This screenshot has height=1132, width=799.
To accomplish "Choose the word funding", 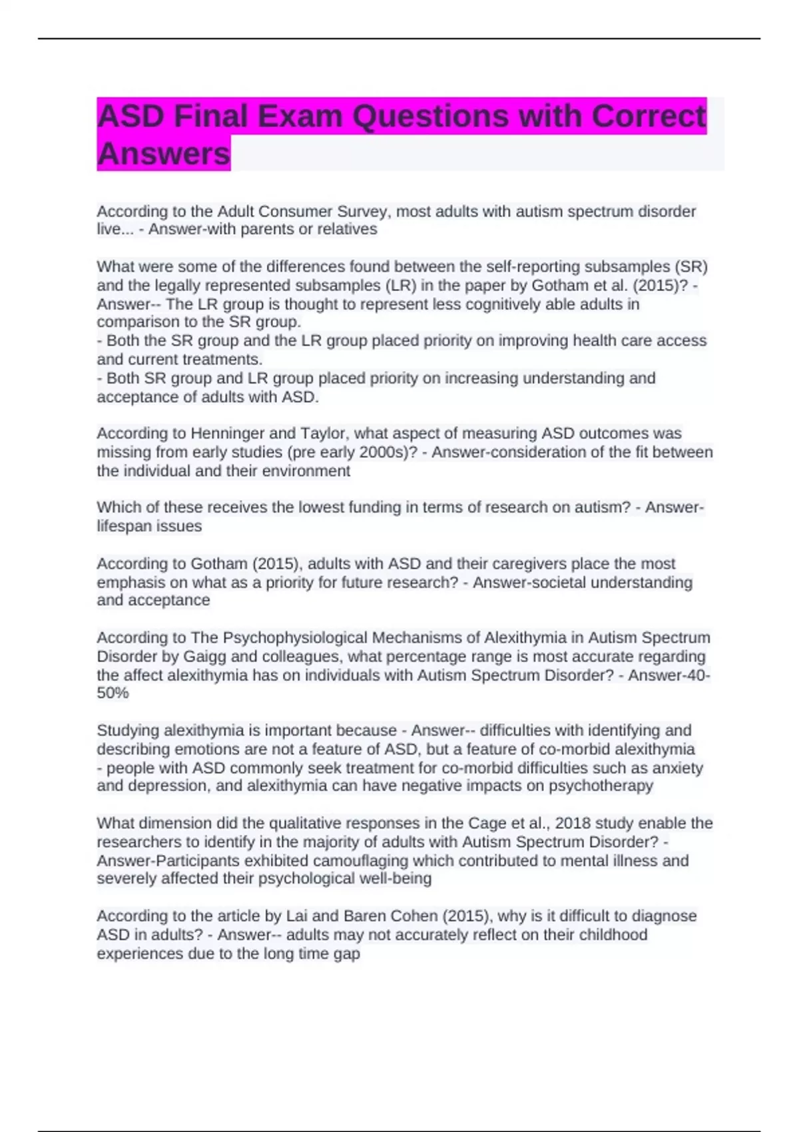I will coord(372,507).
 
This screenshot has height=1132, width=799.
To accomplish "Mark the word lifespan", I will coord(125,526).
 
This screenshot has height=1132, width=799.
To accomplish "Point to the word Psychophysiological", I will coord(295,638).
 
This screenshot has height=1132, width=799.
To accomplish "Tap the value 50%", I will coord(113,693).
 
